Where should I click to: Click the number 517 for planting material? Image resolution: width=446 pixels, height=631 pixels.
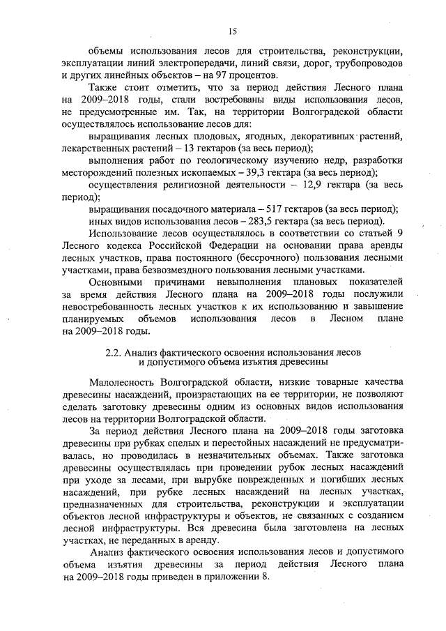(x=267, y=209)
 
